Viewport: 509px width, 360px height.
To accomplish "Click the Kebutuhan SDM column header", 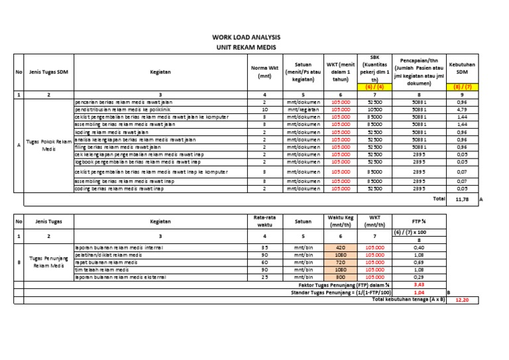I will click(x=463, y=68).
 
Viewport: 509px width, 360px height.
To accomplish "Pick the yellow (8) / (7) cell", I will click(x=463, y=87).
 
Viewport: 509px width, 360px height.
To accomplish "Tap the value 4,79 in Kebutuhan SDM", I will click(x=462, y=109).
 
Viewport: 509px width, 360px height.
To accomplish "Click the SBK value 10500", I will click(x=374, y=109).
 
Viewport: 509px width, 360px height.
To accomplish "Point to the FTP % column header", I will click(x=419, y=222).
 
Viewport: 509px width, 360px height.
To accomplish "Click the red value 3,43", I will click(x=418, y=284).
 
